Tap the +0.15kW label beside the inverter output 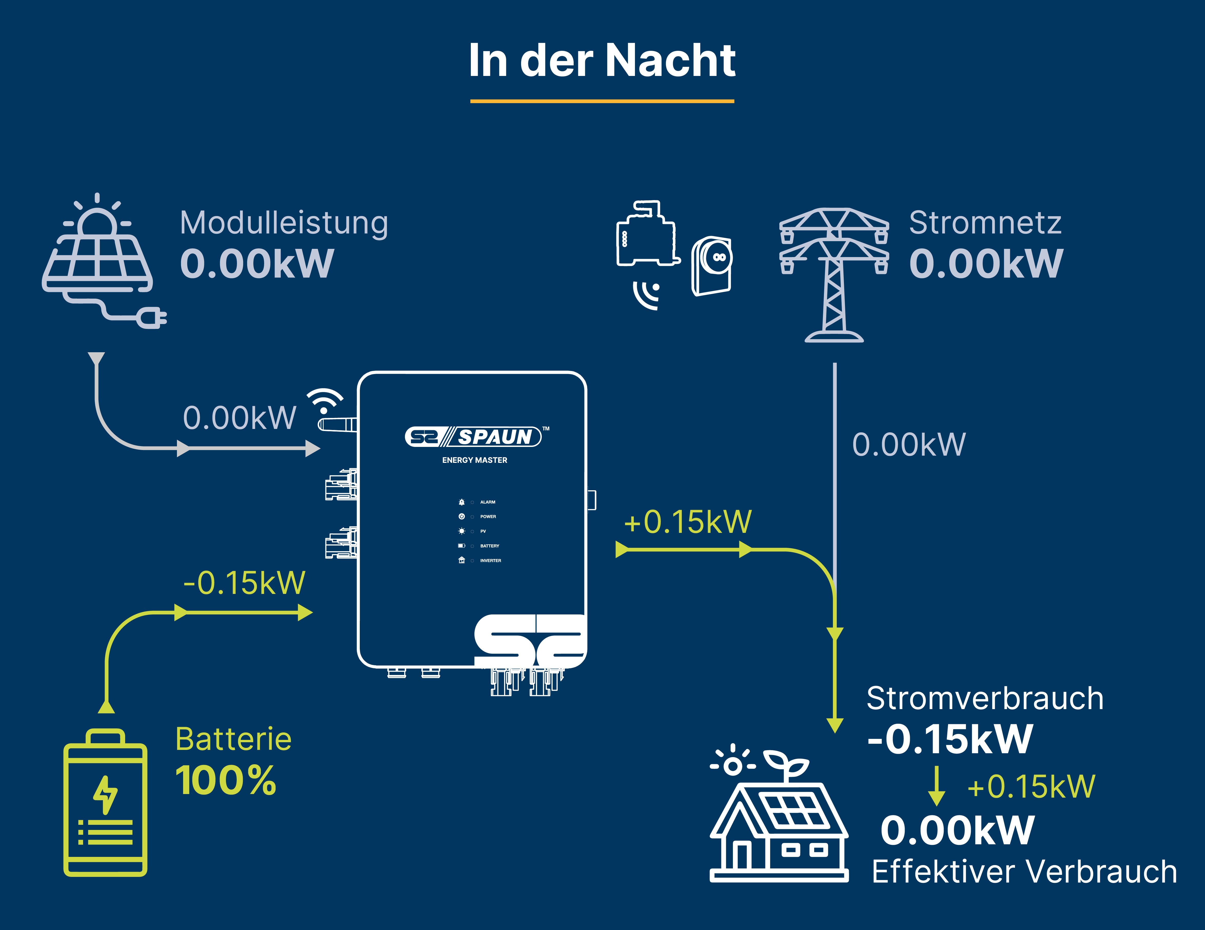click(688, 522)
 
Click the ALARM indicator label click(488, 502)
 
